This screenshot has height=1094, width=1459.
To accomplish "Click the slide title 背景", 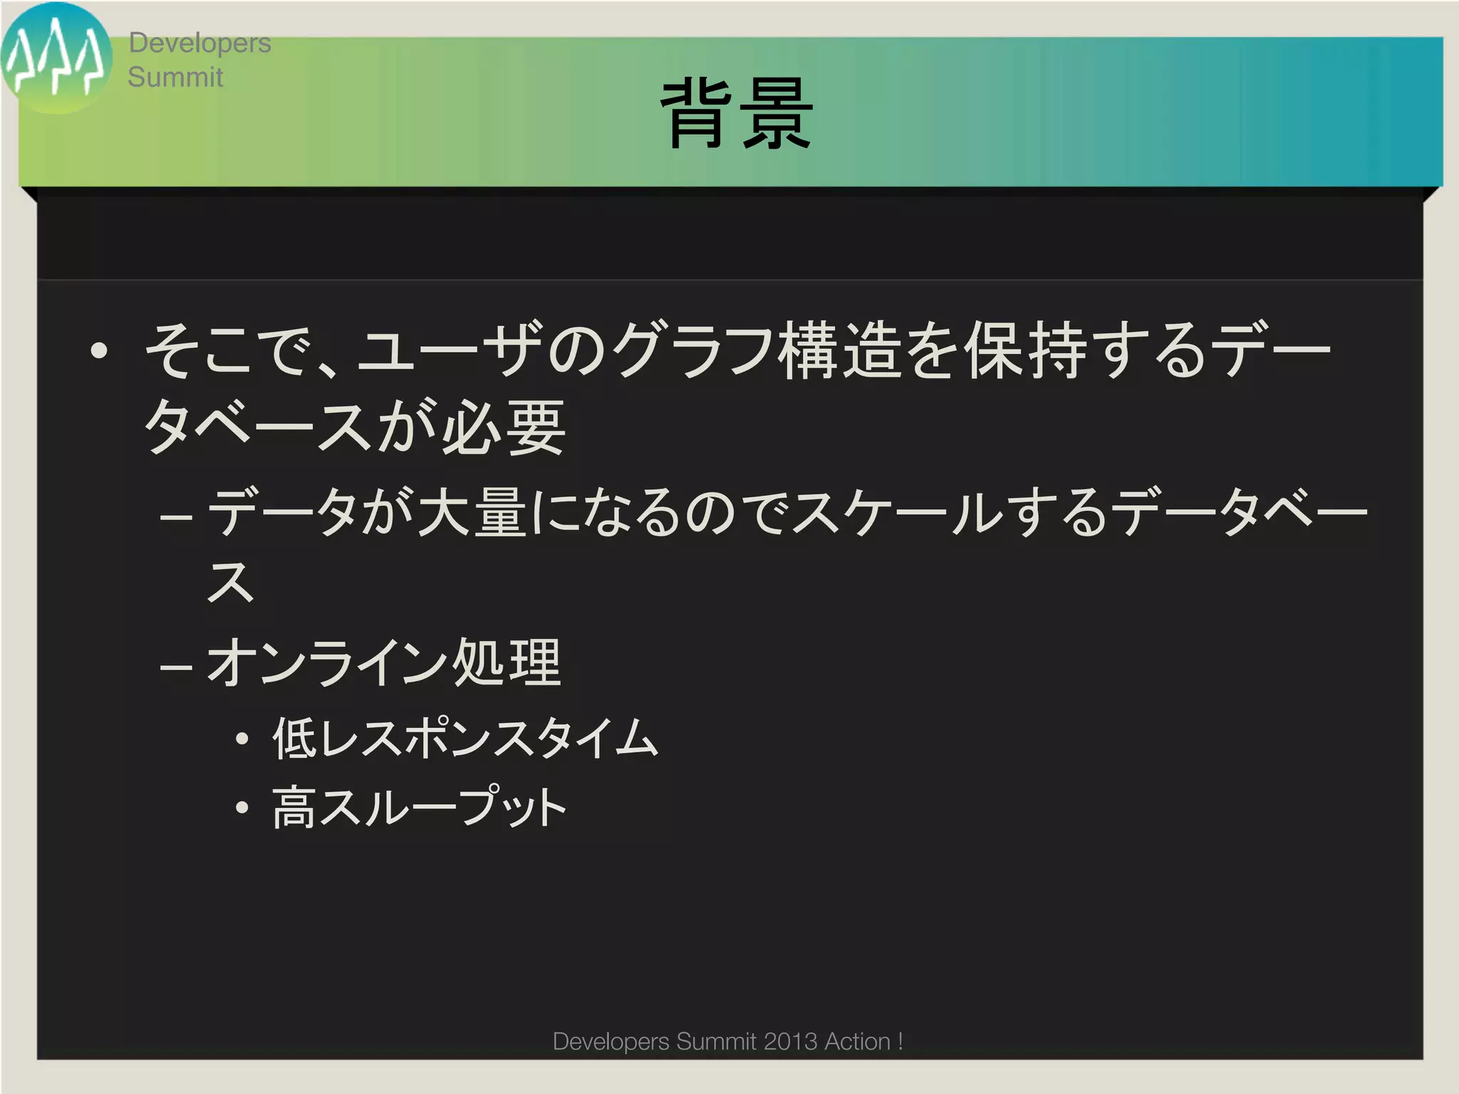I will (737, 114).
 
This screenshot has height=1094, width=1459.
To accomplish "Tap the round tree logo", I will (56, 58).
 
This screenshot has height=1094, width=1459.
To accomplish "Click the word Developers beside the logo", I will (199, 43).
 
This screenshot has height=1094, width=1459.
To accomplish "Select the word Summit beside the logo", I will (175, 77).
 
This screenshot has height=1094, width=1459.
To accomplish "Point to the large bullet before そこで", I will (99, 350).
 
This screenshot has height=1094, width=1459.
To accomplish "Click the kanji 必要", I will (503, 427).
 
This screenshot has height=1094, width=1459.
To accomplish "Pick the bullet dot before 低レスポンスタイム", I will (243, 739).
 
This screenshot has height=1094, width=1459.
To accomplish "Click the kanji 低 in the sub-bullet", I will (294, 738).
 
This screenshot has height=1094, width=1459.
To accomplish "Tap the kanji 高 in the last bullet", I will (294, 808).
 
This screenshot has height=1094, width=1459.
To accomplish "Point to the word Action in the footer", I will (857, 1041).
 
